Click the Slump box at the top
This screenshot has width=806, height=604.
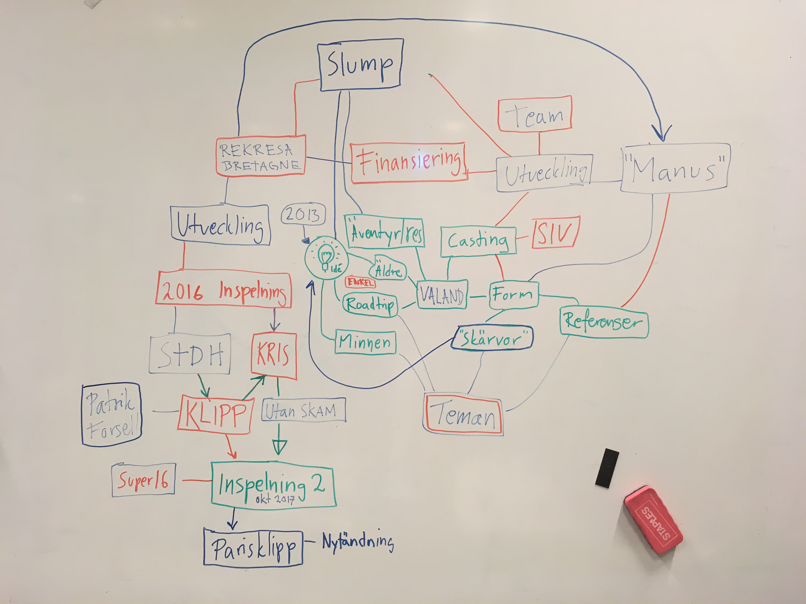pyautogui.click(x=360, y=65)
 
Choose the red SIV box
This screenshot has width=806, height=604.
pyautogui.click(x=555, y=233)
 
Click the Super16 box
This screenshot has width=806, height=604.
pyautogui.click(x=143, y=480)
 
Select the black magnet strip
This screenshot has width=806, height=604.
pyautogui.click(x=607, y=467)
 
